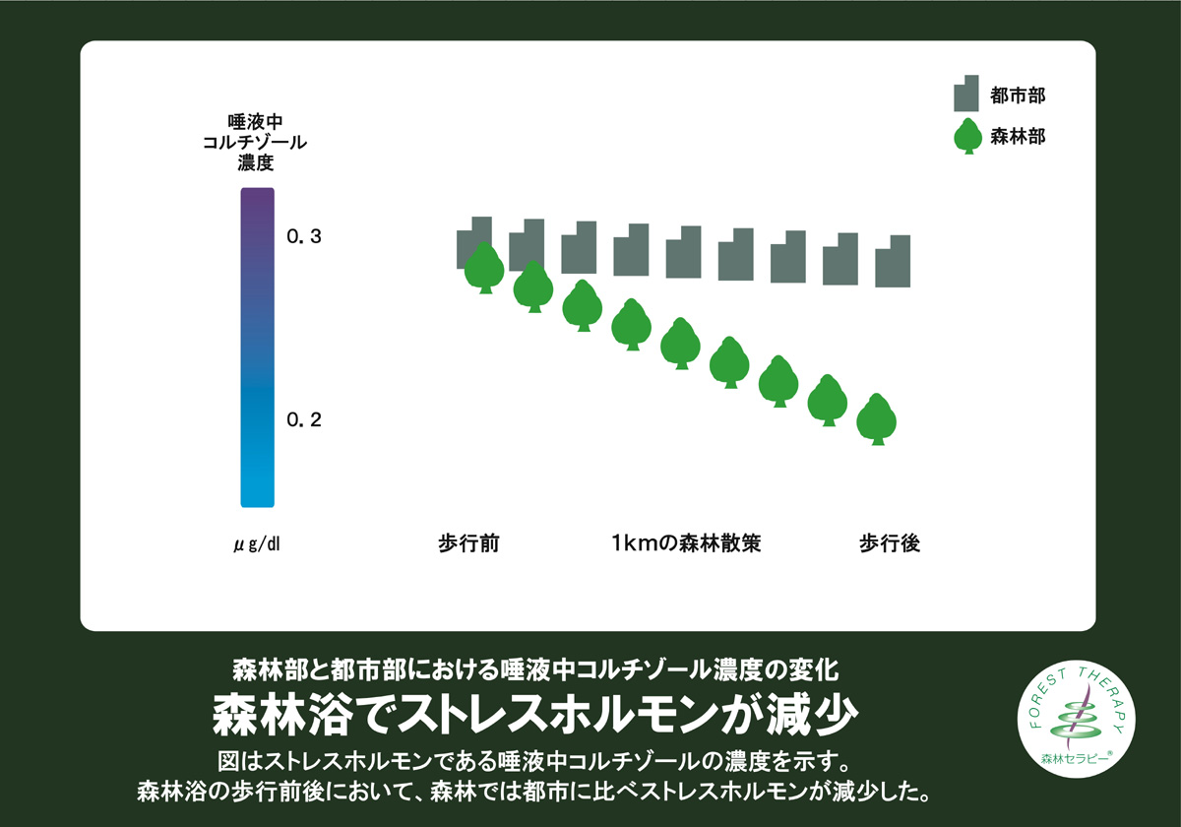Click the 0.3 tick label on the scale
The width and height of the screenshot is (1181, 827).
[304, 236]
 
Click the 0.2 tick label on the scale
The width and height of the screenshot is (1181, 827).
[304, 419]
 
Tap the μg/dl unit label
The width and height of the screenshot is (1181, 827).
[257, 543]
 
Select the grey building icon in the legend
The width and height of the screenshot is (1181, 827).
[965, 94]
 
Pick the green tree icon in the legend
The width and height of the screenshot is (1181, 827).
[968, 136]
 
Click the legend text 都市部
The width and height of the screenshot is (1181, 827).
[1018, 95]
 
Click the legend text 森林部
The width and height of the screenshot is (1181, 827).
[1018, 137]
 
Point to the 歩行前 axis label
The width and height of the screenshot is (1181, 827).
[468, 543]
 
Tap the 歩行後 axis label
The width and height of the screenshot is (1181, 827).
[890, 543]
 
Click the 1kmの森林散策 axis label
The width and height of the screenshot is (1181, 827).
[686, 543]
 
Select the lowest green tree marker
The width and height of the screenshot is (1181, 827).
[876, 419]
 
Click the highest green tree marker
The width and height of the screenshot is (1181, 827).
[484, 268]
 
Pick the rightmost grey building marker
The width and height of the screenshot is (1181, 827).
[893, 261]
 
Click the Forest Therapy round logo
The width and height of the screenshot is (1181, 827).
[1076, 719]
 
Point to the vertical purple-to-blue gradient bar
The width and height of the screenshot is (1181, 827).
[257, 348]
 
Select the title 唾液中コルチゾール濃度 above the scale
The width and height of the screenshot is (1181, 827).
[255, 142]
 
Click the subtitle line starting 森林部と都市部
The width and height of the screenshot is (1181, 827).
[535, 669]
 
